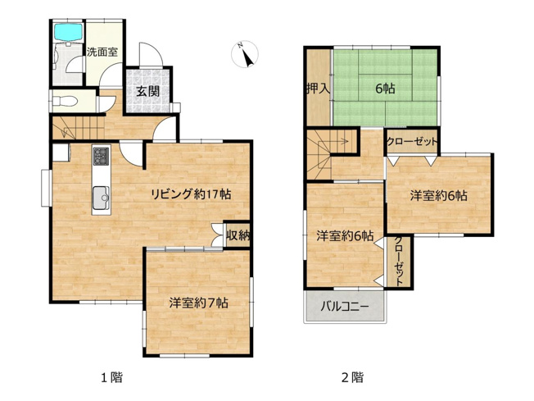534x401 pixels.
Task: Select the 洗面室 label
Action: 102,52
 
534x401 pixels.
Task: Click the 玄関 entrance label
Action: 148,91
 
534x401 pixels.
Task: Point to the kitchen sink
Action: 102,197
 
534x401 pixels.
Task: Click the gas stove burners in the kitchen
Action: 101,154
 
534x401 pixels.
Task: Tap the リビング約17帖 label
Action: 189,194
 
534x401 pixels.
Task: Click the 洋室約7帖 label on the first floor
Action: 198,302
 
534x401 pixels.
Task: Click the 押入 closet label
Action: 318,89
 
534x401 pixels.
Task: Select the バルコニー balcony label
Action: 344,308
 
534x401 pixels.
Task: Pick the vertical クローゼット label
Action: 399,261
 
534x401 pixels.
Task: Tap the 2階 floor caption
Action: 352,378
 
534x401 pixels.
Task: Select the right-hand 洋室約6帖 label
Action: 439,196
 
